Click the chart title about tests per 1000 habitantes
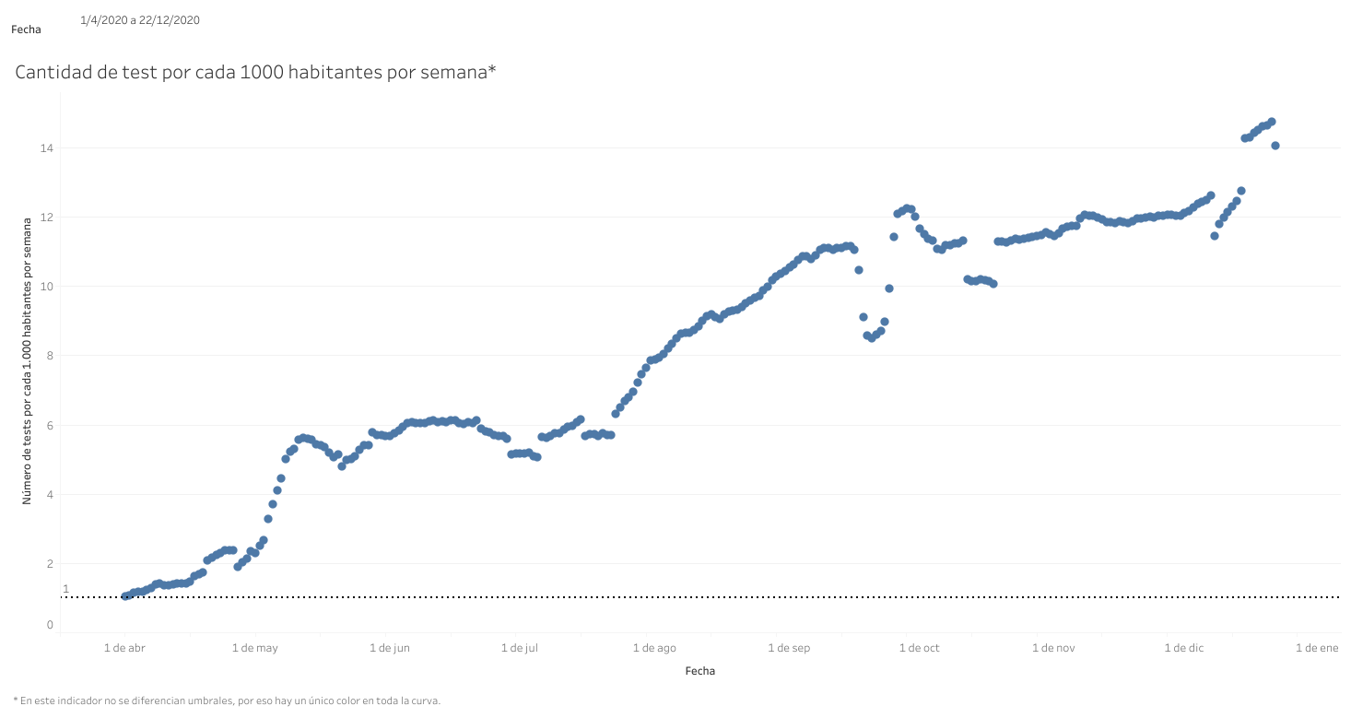255,73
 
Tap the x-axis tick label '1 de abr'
124,648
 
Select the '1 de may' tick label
255,648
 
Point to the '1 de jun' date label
389,648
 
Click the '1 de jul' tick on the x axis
519,648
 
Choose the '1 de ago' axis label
654,648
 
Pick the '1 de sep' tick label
789,648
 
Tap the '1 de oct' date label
919,648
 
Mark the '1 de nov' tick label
1053,648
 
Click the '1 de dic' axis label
1184,648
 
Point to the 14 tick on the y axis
46,147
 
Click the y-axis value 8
49,356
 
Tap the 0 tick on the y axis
49,626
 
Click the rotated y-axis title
29,359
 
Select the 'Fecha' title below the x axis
699,671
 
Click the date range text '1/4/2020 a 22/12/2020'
140,19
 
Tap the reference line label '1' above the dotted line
65,589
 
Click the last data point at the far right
1275,146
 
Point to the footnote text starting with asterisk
227,700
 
